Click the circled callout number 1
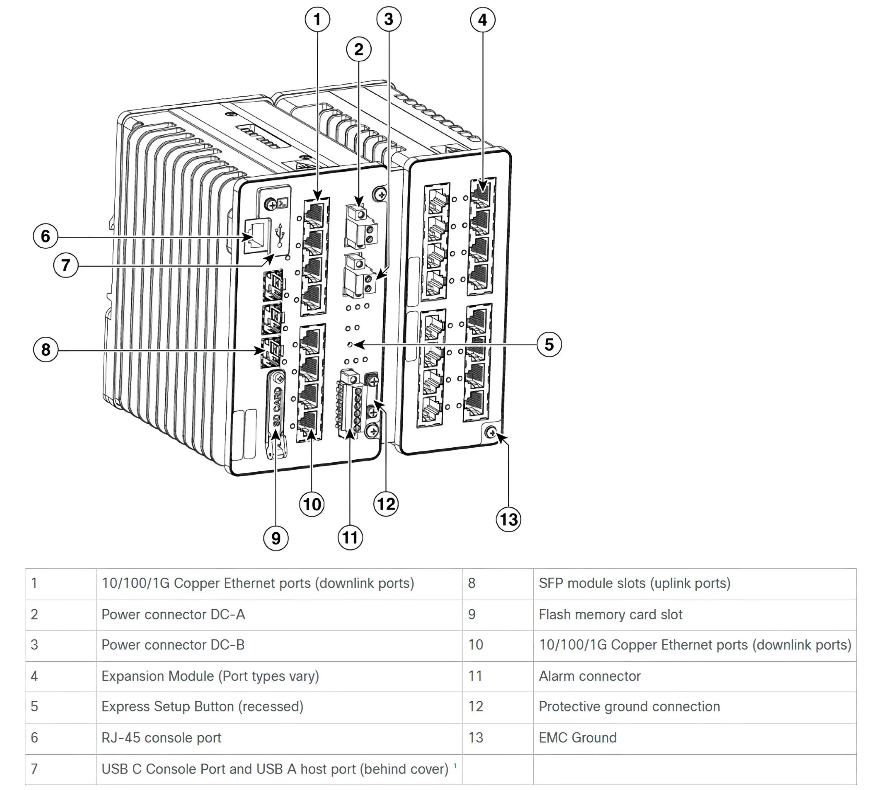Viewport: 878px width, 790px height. (317, 20)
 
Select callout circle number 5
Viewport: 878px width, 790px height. (549, 345)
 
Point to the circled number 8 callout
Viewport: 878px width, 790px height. (46, 350)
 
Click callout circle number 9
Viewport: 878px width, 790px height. (276, 538)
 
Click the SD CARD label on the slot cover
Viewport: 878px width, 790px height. (277, 406)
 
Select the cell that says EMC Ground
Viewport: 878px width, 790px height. (577, 738)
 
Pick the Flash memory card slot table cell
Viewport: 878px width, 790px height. (610, 615)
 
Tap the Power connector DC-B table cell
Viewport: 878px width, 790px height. (173, 645)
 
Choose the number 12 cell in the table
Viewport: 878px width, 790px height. (476, 707)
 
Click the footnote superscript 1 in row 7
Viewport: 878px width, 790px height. (455, 766)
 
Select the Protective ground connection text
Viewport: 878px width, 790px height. (629, 707)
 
